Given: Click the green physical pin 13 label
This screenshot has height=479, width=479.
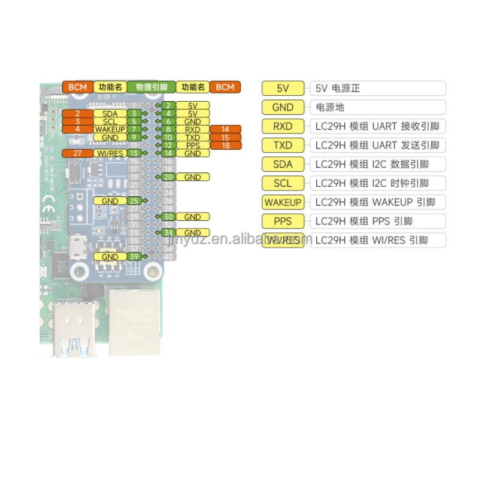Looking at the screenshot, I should [135, 153].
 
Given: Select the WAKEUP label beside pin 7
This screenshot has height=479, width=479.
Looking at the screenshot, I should [110, 129].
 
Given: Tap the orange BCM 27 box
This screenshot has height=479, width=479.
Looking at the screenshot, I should [77, 153].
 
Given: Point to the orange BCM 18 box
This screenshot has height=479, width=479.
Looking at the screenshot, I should [225, 145].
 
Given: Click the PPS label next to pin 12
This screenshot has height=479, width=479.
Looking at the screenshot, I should [192, 145].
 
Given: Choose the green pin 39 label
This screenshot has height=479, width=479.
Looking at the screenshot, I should [135, 256].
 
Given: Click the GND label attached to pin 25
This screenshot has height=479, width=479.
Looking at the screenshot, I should [110, 201].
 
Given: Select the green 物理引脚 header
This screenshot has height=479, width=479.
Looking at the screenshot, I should [151, 87].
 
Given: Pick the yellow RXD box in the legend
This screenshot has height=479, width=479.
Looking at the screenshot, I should [283, 126].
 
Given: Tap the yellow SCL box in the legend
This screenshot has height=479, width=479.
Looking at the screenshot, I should [283, 183].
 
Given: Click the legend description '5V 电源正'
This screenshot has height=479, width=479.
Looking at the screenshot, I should [377, 88].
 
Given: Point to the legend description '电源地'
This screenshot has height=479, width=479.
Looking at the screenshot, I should [377, 107].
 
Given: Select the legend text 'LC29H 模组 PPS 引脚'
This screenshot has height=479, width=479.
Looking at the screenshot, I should [377, 221].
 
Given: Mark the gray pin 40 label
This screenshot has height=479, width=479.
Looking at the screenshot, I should [169, 257].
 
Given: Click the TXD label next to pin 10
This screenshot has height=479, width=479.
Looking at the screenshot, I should [192, 138].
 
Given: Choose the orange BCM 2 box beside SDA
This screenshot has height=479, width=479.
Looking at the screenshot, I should [77, 113].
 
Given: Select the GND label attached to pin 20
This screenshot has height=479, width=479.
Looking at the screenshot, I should [192, 177].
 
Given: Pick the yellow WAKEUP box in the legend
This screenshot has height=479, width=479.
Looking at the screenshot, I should [283, 202].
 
